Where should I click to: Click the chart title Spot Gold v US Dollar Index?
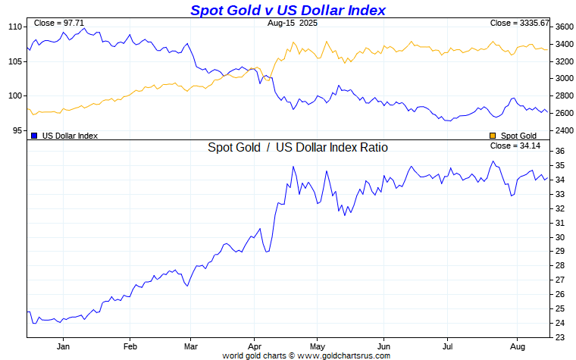tap(287, 10)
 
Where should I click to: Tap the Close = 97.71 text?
tap(60, 23)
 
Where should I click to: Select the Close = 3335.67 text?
tap(519, 23)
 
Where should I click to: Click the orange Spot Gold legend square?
tap(493, 136)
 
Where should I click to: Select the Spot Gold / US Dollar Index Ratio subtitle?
tap(298, 147)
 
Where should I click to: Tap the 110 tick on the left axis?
tap(14, 27)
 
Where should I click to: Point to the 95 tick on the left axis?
tap(17, 130)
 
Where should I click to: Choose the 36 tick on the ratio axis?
tap(559, 152)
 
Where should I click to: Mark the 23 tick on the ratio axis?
tap(559, 337)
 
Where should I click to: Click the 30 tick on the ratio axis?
tap(559, 237)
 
